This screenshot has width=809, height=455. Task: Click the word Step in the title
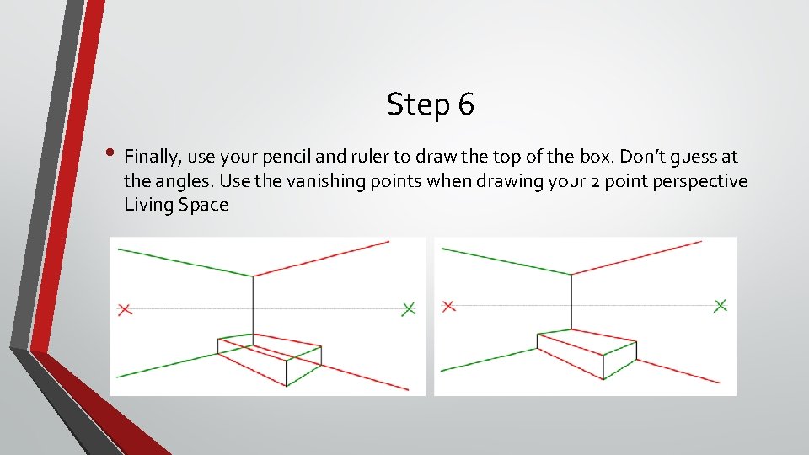point(417,105)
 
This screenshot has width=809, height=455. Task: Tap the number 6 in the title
point(466,104)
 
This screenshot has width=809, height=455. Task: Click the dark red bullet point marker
point(110,153)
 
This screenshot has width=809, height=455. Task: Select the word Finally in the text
point(153,157)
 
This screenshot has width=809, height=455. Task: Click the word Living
point(148,206)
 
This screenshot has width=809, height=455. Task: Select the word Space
point(203,206)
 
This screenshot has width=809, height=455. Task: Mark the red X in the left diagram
point(125,309)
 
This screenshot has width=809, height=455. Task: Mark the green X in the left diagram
point(409,309)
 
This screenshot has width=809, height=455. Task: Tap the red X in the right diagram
point(449,307)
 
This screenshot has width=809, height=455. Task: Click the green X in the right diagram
point(721,306)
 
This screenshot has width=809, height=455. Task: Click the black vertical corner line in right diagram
point(571,302)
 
